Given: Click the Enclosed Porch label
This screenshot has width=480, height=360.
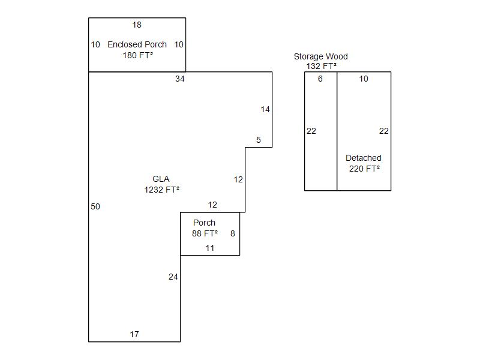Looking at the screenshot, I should (x=137, y=44).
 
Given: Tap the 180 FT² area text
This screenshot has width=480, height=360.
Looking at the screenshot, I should (x=137, y=55).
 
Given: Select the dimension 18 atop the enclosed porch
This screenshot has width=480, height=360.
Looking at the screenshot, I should (x=137, y=25).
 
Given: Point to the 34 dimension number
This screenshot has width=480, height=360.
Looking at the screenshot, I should (x=180, y=79).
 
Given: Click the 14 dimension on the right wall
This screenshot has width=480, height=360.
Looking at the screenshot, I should (x=265, y=109).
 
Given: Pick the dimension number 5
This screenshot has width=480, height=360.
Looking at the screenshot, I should (x=259, y=140).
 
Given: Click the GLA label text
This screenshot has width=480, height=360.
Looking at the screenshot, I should (x=161, y=179).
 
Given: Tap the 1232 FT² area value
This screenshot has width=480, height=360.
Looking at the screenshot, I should (x=161, y=190).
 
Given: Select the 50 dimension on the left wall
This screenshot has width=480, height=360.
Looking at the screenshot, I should (x=95, y=206).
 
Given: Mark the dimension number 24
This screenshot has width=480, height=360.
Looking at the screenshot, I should (x=173, y=277).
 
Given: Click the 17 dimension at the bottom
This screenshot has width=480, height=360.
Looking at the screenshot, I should (x=134, y=334).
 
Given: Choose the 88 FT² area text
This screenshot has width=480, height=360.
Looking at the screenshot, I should (x=205, y=233).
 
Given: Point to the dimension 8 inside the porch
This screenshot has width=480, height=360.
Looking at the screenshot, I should (x=233, y=233).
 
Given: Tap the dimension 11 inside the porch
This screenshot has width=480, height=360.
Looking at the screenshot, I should (x=210, y=248).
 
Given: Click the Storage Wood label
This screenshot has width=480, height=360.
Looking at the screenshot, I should (x=320, y=56).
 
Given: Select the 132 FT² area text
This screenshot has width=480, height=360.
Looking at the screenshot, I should (x=321, y=66).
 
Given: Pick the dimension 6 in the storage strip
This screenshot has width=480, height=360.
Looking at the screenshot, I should (x=320, y=79).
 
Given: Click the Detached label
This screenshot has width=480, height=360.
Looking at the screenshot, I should (x=363, y=158).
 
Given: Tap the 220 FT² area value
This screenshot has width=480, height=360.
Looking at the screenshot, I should (x=364, y=169).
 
